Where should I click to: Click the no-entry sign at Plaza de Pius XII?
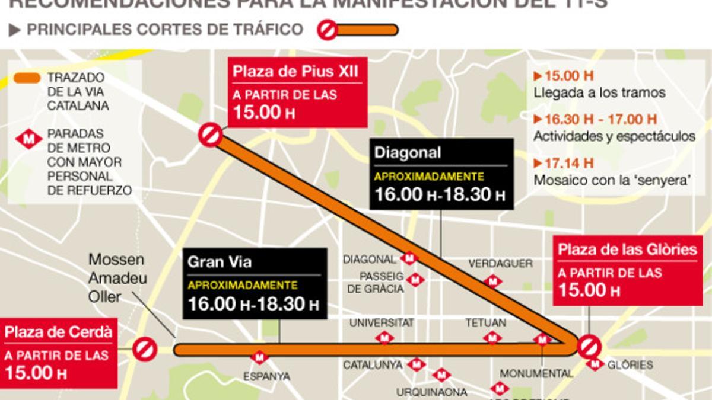pyautogui.click(x=210, y=135)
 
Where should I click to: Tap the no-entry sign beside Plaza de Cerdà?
pyautogui.click(x=145, y=349)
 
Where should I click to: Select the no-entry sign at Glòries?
pyautogui.click(x=589, y=347)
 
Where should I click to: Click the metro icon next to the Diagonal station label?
pyautogui.click(x=409, y=259)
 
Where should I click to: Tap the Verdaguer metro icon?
pyautogui.click(x=492, y=281)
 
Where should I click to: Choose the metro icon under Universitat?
pyautogui.click(x=384, y=338)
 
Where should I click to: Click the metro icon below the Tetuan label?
pyautogui.click(x=492, y=338)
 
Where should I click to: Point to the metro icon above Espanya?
pyautogui.click(x=259, y=357)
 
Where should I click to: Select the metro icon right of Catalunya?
pyautogui.click(x=416, y=364)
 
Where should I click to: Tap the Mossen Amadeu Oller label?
pyautogui.click(x=117, y=277)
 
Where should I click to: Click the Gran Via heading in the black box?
pyautogui.click(x=212, y=262)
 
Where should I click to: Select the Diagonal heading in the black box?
pyautogui.click(x=408, y=153)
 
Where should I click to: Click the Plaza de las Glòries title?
pyautogui.click(x=627, y=249)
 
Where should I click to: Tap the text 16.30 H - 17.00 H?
pyautogui.click(x=595, y=119)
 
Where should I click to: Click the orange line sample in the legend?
pyautogui.click(x=27, y=78)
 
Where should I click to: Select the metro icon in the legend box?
pyautogui.click(x=28, y=140)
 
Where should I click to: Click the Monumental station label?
pyautogui.click(x=536, y=374)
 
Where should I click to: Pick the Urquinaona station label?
pyautogui.click(x=431, y=392)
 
